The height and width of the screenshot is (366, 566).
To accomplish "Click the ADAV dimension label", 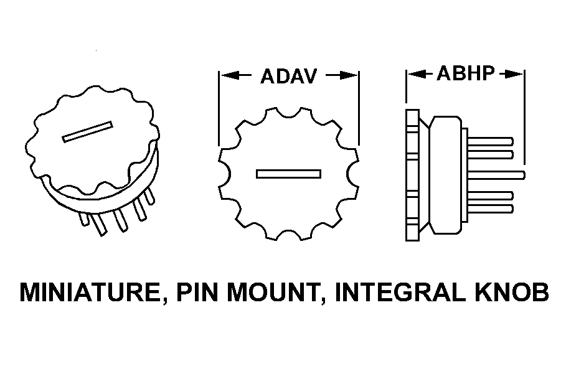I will click(289, 76).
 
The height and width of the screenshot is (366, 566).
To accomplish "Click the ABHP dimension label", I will click(465, 73).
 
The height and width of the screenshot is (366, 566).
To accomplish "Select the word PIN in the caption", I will click(198, 292).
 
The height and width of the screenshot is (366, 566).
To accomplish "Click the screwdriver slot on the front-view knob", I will click(289, 174).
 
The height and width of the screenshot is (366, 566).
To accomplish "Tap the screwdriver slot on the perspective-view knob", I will click(88, 132).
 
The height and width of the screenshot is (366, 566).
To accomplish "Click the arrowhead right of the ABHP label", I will click(514, 73).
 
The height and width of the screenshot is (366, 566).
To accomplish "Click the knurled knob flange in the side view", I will click(412, 174).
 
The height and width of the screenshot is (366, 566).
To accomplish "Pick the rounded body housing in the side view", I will click(445, 174).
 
